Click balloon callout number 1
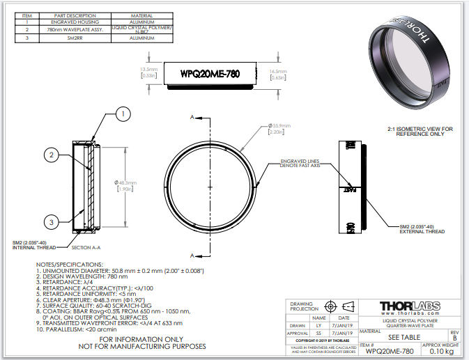[122, 113]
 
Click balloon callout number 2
[51, 156]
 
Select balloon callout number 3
[51, 222]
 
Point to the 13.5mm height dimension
[148, 72]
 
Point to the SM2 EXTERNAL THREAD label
[422, 229]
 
